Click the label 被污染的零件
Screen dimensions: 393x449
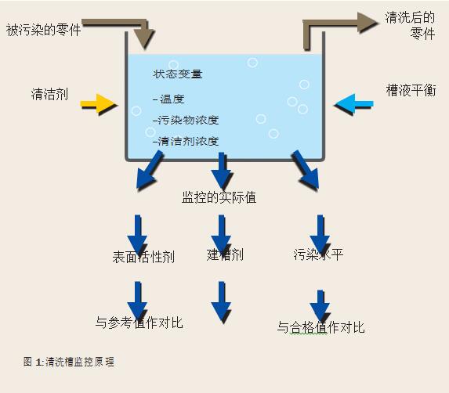pos(44,31)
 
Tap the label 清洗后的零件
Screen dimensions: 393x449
pos(410,26)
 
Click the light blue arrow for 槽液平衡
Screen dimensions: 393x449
pos(354,103)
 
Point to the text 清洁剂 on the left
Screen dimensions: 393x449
pos(49,96)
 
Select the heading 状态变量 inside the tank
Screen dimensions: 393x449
pos(177,74)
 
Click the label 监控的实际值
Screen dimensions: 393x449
pos(219,197)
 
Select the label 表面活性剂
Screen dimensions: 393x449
pos(143,257)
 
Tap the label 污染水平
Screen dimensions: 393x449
pos(318,254)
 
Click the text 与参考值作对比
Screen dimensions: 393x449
pos(139,322)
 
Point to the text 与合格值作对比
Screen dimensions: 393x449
pos(320,327)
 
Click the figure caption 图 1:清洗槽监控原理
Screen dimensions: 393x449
pos(70,362)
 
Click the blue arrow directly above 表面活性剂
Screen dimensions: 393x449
pos(138,233)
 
